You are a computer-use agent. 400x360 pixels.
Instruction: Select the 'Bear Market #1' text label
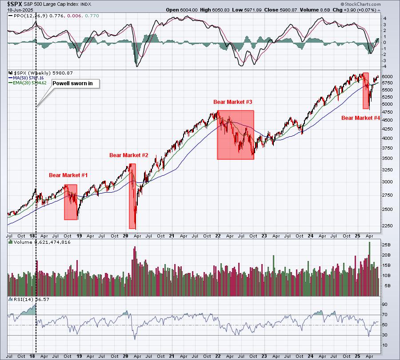point(68,175)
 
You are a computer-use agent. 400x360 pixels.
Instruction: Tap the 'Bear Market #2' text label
point(129,155)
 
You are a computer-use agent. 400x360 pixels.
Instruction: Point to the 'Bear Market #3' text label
point(233,102)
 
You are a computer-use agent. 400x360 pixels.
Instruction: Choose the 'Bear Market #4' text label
point(360,118)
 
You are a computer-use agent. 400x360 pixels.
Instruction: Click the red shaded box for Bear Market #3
point(235,135)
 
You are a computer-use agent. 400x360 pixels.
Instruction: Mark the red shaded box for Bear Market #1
point(71,202)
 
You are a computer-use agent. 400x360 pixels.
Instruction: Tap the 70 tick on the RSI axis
point(385,315)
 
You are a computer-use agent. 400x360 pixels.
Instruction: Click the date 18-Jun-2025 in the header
point(19,10)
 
